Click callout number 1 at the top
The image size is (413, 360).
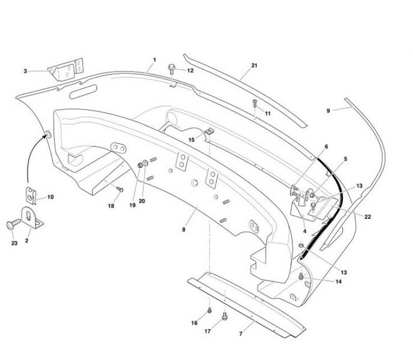coord(154,61)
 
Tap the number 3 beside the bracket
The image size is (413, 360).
coord(26,71)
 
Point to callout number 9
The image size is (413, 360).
coord(328,110)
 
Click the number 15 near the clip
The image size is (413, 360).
coord(192,139)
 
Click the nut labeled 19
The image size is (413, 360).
coord(140,164)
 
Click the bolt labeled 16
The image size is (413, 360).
coord(208,310)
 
